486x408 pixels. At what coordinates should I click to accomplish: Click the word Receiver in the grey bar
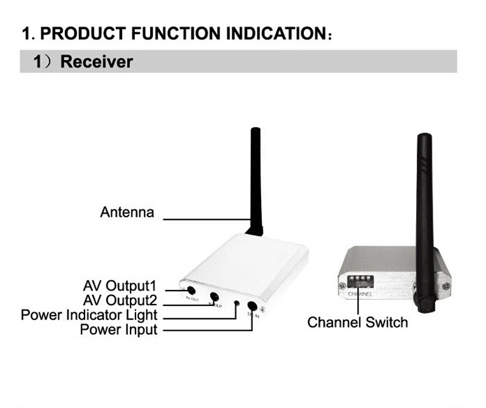97,61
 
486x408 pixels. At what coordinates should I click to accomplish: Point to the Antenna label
127,213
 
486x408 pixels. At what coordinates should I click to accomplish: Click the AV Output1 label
120,285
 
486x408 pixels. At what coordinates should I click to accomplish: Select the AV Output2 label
120,300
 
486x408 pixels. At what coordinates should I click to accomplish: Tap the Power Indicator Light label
89,315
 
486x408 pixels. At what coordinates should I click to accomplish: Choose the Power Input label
118,330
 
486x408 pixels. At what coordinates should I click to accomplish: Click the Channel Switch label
357,322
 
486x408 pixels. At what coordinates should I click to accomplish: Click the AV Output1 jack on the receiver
191,290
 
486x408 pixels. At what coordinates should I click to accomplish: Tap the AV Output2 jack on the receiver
214,298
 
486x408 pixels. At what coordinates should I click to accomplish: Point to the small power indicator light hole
236,303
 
